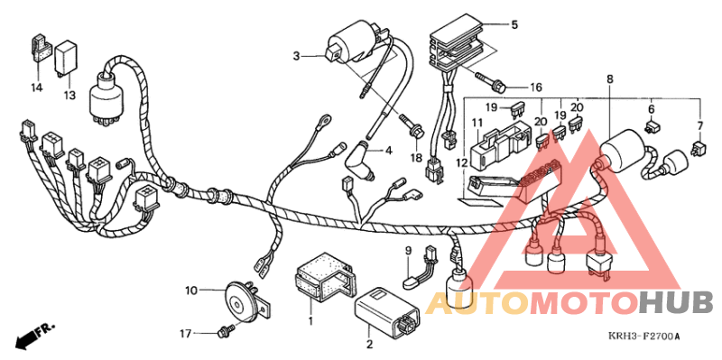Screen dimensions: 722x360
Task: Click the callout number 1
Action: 310,321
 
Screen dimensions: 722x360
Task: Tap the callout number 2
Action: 368,344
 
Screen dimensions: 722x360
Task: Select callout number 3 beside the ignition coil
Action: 295,56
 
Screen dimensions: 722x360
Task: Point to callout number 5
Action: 514,25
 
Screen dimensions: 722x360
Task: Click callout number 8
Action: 610,79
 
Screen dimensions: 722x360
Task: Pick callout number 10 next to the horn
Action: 191,291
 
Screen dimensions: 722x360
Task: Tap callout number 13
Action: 69,94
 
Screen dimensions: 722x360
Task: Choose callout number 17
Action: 185,333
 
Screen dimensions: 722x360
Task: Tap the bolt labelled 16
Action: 496,88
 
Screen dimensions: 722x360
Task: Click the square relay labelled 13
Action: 69,56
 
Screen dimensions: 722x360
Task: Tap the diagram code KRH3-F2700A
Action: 643,337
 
